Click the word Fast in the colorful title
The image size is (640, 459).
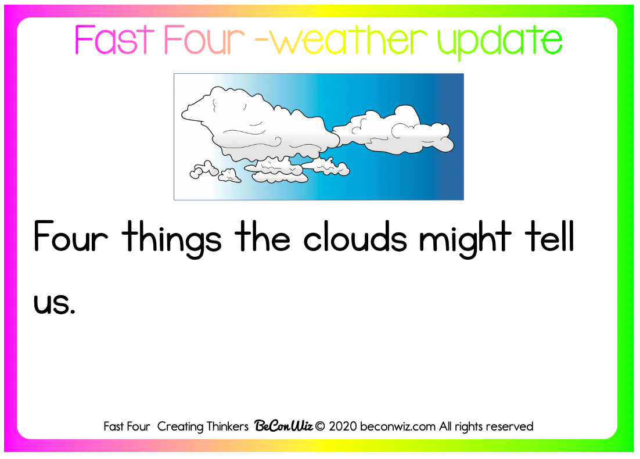click(114, 40)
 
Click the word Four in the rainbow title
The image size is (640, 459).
click(204, 40)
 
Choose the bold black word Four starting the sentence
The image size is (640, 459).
click(71, 236)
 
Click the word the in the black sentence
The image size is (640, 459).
click(263, 236)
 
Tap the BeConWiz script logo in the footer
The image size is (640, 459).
click(283, 426)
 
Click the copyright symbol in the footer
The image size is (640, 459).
click(320, 426)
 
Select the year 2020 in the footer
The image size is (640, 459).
click(343, 426)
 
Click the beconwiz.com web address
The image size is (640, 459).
click(398, 426)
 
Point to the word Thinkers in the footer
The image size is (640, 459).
click(227, 426)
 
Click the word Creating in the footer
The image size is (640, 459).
click(180, 427)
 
